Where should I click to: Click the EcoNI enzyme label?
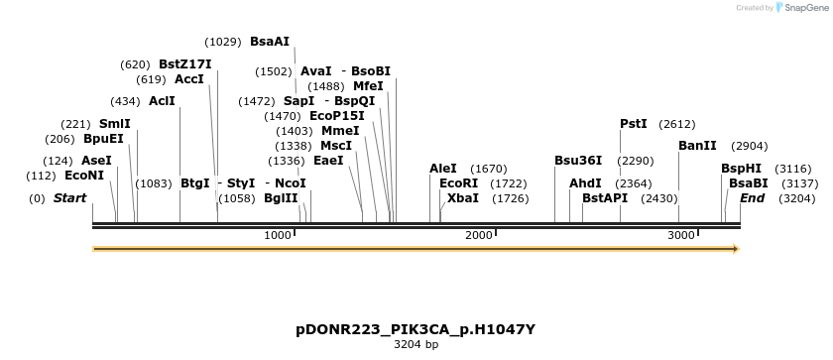tap(84, 176)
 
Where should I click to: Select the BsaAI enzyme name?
tap(270, 42)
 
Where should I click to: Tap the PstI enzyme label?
tap(633, 124)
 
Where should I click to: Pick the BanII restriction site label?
tap(697, 146)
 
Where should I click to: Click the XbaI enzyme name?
tap(462, 198)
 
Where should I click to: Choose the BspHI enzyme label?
tap(741, 169)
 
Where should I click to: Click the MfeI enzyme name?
tap(368, 86)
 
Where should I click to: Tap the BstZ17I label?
tap(184, 64)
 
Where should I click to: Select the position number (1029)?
tap(223, 42)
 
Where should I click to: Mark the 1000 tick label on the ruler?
tap(278, 235)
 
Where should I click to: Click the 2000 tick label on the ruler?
tap(479, 235)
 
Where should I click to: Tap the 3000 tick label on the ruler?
tap(680, 235)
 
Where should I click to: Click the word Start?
tap(69, 198)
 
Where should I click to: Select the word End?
tap(752, 198)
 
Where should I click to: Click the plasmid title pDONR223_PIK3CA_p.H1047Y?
tap(416, 328)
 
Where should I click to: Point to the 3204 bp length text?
tap(416, 345)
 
